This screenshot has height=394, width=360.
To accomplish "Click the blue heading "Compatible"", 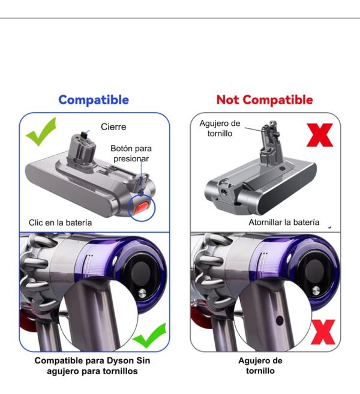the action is coord(94,100).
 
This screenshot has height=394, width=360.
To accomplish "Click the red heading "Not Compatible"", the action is coord(265,100).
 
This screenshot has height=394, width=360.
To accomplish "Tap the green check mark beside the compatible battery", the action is coord(41,131).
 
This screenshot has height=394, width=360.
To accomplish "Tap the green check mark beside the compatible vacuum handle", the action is coord(149,335).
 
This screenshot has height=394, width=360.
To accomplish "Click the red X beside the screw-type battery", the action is coord(320,135).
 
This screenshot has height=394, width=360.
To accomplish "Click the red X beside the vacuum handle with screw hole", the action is coord(323,332).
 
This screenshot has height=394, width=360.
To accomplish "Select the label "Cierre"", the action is coord(113,127).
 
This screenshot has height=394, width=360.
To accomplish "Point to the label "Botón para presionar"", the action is coord(131,154).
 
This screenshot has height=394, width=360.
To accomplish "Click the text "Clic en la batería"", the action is coord(61,222).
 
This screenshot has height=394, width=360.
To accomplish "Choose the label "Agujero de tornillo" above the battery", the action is coord(220,128).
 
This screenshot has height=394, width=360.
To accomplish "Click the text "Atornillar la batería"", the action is coord(284,222).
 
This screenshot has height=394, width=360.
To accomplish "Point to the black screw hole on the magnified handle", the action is coord(280,320).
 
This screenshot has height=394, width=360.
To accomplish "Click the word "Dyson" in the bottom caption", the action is coord(119,360).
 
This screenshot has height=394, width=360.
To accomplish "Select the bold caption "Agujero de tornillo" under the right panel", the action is coord(260,366).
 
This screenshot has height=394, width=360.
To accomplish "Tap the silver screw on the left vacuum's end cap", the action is coord(142,293).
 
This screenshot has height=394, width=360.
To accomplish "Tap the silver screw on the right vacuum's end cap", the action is coord(316,290).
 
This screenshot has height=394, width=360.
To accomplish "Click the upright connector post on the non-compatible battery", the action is coord(270,142).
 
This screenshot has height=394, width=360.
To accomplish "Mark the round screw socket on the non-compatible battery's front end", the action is coord(224,193).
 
